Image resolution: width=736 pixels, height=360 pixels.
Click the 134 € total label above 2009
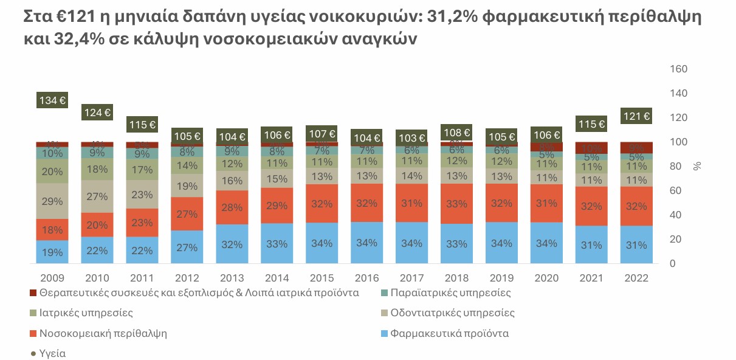[x=52, y=101]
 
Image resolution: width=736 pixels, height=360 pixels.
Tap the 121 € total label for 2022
[x=636, y=116]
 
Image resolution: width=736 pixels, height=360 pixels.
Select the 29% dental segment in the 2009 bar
[x=52, y=201]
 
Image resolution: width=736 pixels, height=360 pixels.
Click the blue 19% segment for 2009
[x=52, y=251]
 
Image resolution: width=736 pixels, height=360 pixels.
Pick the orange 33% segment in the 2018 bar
[x=456, y=204]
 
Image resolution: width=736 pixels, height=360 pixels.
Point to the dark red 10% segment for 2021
[x=591, y=148]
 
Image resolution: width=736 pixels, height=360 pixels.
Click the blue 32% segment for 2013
[x=232, y=244]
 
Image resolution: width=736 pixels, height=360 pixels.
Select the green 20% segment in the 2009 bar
[x=52, y=171]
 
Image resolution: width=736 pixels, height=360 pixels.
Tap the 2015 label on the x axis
[x=322, y=278]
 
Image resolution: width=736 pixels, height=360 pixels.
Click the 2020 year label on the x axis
[x=546, y=278]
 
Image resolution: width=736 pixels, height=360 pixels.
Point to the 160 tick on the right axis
[x=678, y=69]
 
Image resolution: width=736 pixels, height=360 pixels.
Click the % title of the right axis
[x=697, y=165]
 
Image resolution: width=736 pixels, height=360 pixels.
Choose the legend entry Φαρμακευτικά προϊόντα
[x=449, y=333]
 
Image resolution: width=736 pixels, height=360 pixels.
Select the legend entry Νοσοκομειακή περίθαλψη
[x=103, y=333]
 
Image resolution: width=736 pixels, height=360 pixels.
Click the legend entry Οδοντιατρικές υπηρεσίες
[x=452, y=313]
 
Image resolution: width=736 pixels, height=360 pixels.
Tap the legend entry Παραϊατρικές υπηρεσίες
[x=450, y=293]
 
